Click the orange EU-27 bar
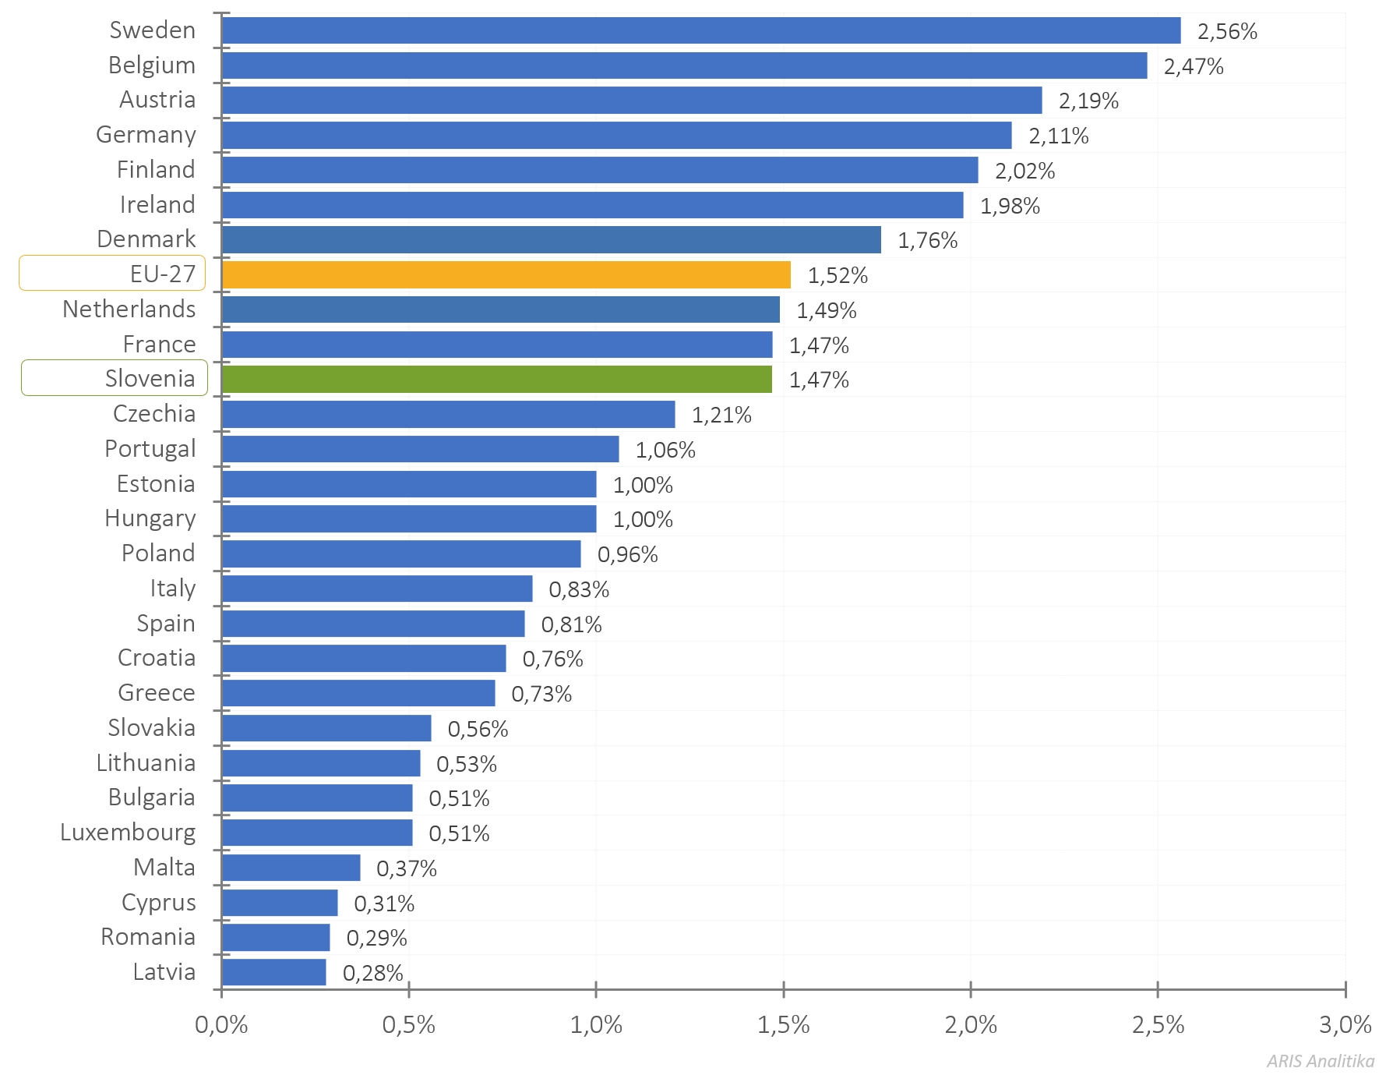coord(506,275)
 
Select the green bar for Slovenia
coord(496,380)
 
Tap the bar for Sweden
coord(700,30)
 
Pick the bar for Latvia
coord(273,972)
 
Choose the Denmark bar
coord(551,240)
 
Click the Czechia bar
coord(448,415)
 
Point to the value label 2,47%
coord(1194,67)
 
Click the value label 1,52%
coord(838,276)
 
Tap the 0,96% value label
coord(627,555)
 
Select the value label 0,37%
coord(406,869)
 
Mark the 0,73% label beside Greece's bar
coord(541,695)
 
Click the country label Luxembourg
coord(128,833)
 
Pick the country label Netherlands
coord(129,309)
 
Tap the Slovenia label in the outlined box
coord(150,379)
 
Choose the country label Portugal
coord(150,449)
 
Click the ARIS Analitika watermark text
coord(1320,1061)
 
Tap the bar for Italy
coord(376,589)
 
